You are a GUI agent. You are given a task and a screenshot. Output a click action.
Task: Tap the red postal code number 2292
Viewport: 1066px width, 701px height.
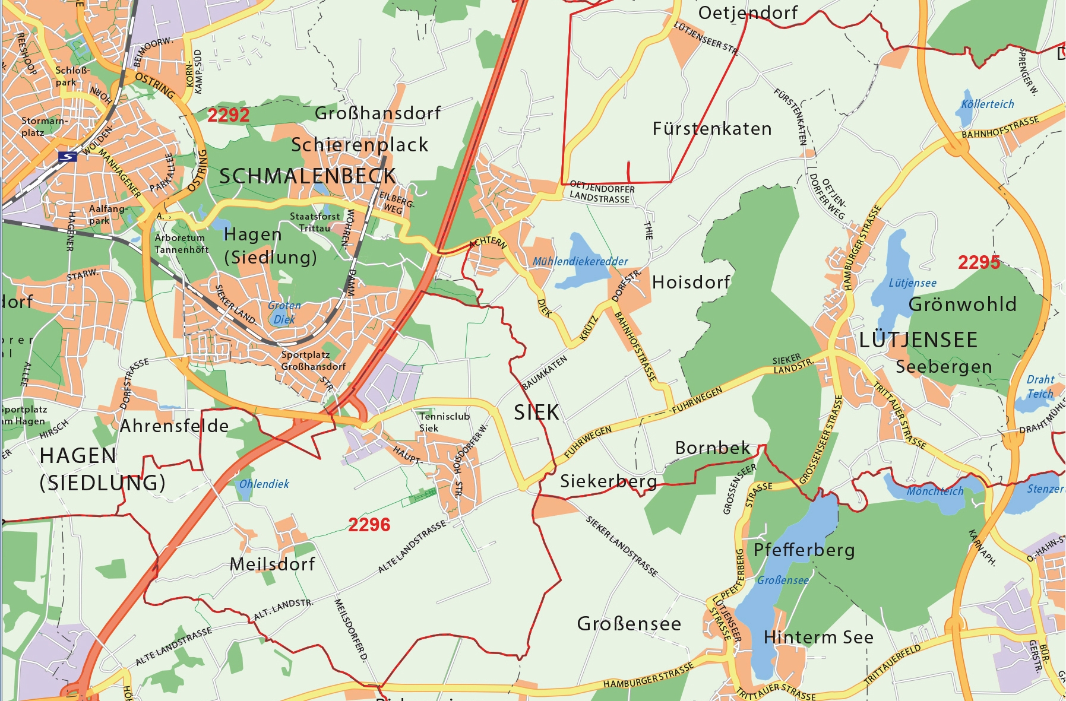pos(228,115)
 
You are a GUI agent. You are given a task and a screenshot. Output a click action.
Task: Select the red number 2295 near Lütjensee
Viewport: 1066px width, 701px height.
pos(979,262)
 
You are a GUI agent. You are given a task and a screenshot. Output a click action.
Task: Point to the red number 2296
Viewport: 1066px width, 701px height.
pos(369,525)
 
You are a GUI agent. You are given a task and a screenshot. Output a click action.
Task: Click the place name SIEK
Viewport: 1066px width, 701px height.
pos(536,413)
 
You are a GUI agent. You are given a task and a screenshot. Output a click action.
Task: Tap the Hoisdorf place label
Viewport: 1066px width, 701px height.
pos(691,283)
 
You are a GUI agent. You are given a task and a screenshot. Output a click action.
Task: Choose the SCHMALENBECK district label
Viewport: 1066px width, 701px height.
pos(307,176)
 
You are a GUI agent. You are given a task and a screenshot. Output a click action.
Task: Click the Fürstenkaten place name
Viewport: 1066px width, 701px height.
pos(711,129)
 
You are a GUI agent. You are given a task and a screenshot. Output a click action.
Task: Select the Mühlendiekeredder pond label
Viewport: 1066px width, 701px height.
pos(580,261)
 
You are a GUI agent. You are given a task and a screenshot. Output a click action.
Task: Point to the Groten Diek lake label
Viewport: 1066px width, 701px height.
pos(284,312)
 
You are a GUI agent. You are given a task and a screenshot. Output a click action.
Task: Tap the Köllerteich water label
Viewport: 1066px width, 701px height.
pos(987,104)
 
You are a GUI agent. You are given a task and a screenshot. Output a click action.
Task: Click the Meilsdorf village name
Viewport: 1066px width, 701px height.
pos(272,564)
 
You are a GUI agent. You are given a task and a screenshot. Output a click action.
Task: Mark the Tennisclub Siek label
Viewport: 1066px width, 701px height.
pos(444,422)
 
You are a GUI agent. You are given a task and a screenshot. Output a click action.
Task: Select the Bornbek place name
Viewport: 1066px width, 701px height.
pos(713,448)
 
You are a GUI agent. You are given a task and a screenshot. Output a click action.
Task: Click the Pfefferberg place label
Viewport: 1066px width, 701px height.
pos(804,550)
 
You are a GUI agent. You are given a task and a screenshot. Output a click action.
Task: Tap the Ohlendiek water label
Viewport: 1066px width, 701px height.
pos(264,484)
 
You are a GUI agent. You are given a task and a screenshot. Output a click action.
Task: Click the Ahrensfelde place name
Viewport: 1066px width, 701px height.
pos(174,426)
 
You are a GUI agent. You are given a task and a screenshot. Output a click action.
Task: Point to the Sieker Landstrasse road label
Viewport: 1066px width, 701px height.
pos(622,547)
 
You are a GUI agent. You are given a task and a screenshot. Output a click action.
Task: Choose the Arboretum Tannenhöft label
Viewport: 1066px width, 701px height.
pos(181,243)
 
